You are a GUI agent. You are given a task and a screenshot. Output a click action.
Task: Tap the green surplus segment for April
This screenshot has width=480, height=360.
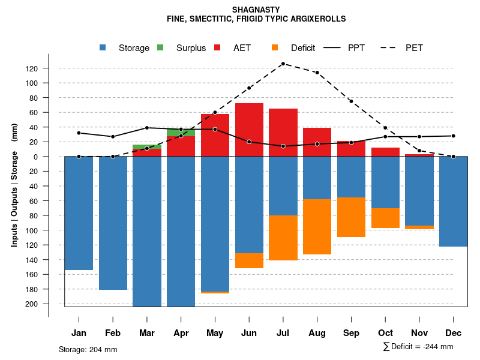tap(181, 132)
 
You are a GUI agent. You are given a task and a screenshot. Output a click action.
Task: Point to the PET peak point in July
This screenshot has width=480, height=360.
tap(283, 64)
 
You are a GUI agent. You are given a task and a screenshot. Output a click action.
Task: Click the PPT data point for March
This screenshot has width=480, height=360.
tap(147, 128)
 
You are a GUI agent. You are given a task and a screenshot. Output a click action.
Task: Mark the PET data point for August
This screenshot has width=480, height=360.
tap(317, 73)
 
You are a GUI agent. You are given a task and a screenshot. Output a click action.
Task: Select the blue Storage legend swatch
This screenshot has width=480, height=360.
tap(103, 47)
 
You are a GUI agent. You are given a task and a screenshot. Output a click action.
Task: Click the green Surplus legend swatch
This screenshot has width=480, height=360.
tap(160, 47)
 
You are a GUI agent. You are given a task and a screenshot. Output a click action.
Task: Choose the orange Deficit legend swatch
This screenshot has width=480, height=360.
tap(275, 47)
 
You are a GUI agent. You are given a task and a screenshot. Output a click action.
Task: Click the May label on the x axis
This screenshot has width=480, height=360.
tap(215, 333)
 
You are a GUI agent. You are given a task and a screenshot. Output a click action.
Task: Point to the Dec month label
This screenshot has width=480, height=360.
tap(454, 333)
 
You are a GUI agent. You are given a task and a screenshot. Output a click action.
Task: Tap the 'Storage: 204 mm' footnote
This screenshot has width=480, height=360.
tap(88, 349)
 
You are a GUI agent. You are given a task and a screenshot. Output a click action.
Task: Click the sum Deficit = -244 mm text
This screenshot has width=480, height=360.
tap(418, 346)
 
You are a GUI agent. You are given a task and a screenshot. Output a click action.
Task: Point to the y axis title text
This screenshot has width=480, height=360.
tap(14, 185)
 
